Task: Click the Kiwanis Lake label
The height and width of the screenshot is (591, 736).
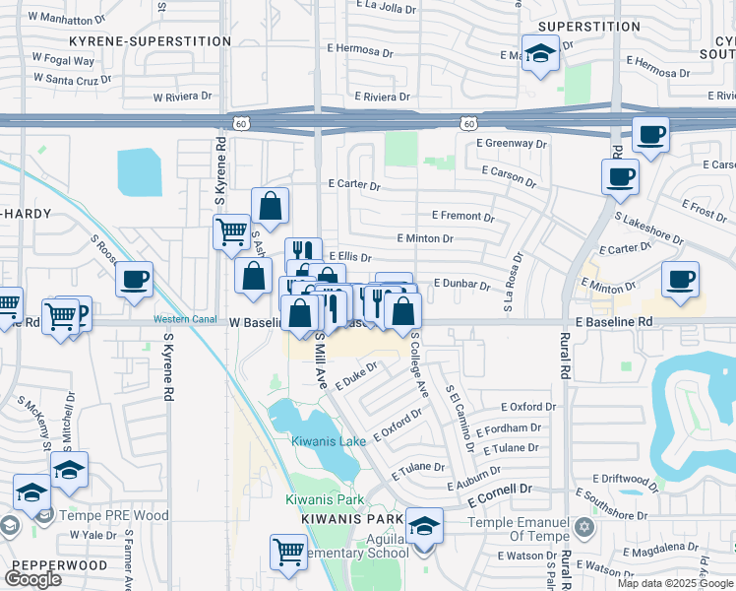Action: click(329, 441)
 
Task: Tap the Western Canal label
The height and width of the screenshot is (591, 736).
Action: click(182, 318)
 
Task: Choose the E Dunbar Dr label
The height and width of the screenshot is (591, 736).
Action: click(461, 284)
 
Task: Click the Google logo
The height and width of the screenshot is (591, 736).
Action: click(33, 579)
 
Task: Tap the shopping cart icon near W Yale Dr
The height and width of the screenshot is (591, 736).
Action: click(287, 550)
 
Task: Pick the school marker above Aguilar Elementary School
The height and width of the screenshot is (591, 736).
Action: click(424, 525)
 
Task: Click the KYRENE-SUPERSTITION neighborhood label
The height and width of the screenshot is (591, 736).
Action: click(150, 41)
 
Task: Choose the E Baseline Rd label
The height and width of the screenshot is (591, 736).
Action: click(614, 322)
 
